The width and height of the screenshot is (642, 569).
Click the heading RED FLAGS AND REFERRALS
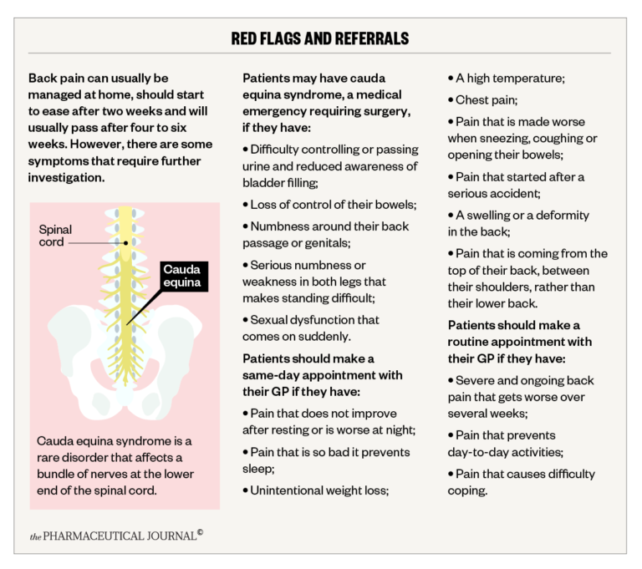pyautogui.click(x=320, y=38)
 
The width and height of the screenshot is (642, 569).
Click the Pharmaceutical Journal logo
pyautogui.click(x=116, y=535)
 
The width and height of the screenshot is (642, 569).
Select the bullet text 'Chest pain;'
pyautogui.click(x=488, y=99)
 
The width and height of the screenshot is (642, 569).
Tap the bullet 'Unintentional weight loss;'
pyautogui.click(x=319, y=490)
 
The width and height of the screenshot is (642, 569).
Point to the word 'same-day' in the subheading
pyautogui.click(x=271, y=374)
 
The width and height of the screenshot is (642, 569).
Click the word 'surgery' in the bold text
pyautogui.click(x=379, y=111)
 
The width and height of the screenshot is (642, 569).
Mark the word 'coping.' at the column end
pyautogui.click(x=467, y=490)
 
